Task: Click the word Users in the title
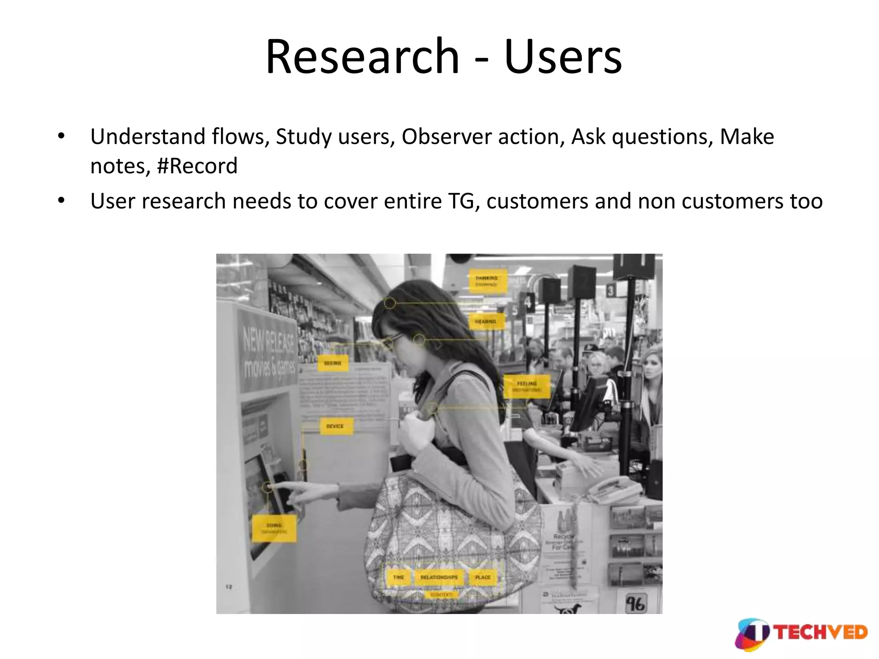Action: click(563, 57)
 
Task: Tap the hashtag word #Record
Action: click(197, 166)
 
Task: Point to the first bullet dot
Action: click(61, 136)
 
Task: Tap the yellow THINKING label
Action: click(487, 281)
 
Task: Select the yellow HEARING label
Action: click(485, 321)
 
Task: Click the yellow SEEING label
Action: click(332, 363)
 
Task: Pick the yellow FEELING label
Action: click(527, 386)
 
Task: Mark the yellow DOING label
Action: click(274, 528)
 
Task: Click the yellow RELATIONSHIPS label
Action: click(439, 577)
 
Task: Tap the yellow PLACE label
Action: click(483, 577)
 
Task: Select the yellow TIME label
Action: click(399, 577)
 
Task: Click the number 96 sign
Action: click(635, 604)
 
